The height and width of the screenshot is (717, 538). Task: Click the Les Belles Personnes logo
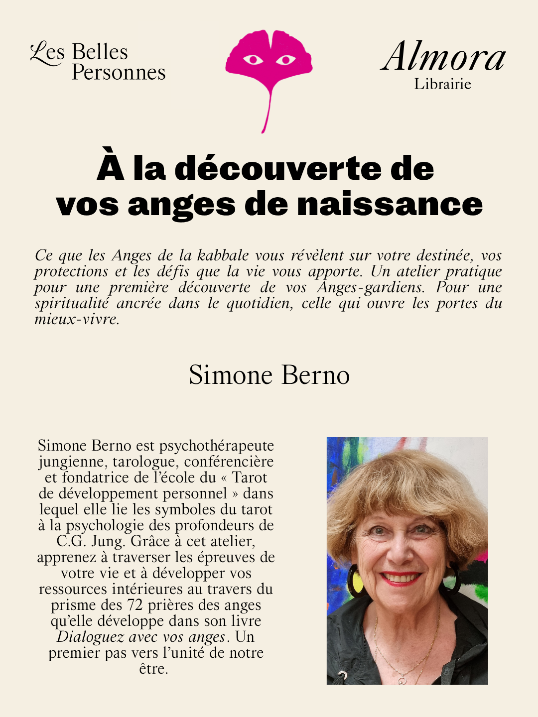[98, 62]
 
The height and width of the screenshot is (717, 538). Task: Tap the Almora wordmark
[443, 57]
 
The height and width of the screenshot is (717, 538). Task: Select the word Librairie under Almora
[442, 84]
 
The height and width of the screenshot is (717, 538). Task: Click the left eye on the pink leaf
[253, 60]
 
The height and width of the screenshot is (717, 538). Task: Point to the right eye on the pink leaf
[285, 60]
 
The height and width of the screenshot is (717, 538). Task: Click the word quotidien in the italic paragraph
[259, 303]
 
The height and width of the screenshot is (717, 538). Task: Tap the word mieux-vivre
[77, 319]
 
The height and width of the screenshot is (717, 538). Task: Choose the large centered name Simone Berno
[269, 375]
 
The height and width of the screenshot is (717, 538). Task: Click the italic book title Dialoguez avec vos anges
[141, 637]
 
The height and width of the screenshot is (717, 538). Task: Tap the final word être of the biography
[153, 669]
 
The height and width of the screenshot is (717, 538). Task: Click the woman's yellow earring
[357, 580]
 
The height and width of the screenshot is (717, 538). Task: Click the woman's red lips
[400, 578]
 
